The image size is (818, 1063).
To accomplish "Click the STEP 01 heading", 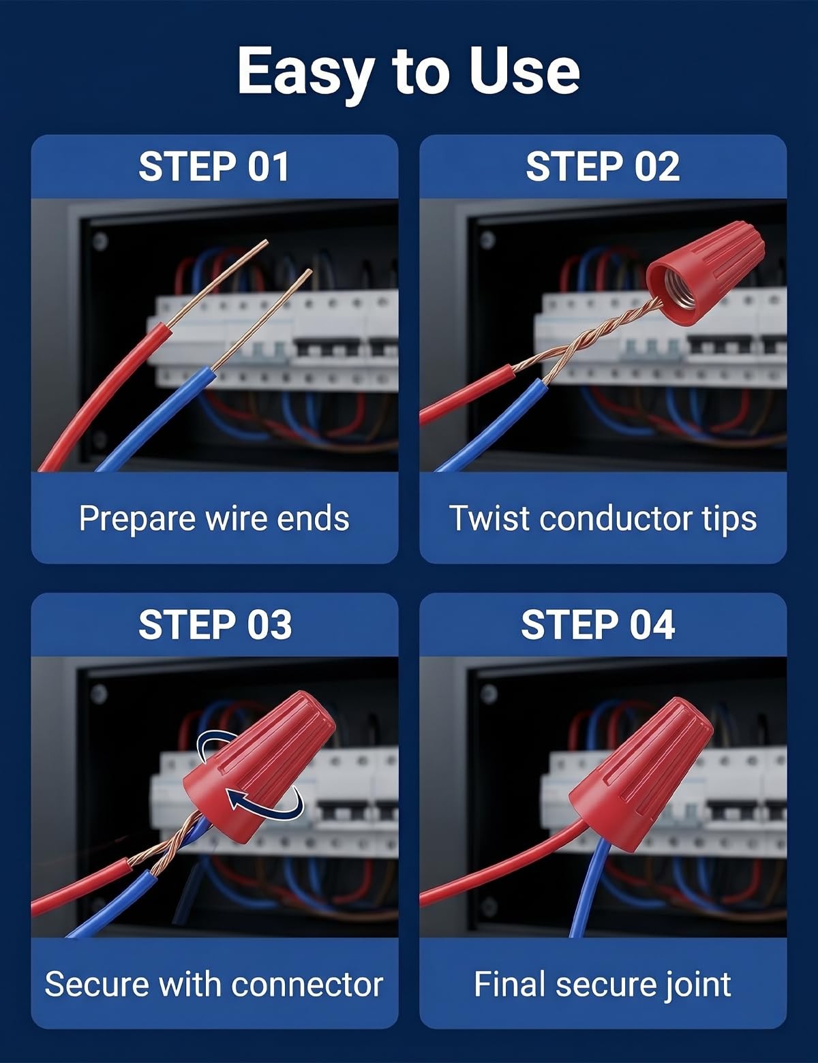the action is tap(214, 167).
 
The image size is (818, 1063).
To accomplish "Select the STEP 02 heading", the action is tap(603, 167).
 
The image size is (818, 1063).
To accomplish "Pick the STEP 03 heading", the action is tap(215, 625).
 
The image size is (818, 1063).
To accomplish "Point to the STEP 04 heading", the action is tap(598, 625).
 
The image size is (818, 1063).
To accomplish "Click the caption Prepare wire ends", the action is tap(214, 519).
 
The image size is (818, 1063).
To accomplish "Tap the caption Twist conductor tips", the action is tap(603, 519).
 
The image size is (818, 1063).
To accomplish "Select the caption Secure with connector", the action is tap(214, 984).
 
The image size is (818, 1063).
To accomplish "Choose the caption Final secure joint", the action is tap(603, 985).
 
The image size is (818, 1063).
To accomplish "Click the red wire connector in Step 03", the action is tap(259, 766).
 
